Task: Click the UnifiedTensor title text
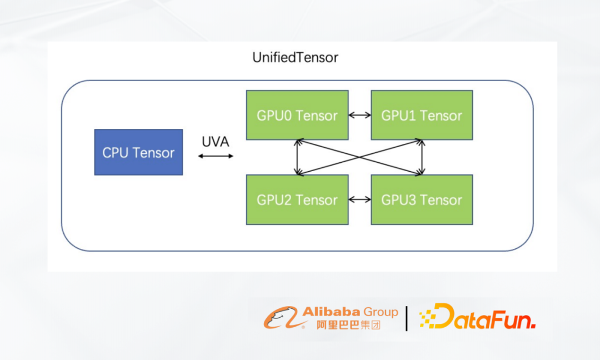(x=295, y=57)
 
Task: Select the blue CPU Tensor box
(x=138, y=152)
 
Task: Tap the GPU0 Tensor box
(x=297, y=115)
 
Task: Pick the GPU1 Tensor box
(x=422, y=115)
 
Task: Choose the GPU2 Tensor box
(x=297, y=199)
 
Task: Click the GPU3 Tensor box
(x=422, y=199)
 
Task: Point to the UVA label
(x=216, y=142)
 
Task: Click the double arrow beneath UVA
(x=216, y=156)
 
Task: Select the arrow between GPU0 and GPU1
(x=359, y=115)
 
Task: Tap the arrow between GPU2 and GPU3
(x=359, y=199)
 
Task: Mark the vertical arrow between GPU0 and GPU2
(x=297, y=157)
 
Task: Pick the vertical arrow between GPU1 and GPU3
(x=422, y=157)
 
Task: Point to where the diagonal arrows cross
(x=359, y=157)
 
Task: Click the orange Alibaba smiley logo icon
(x=281, y=318)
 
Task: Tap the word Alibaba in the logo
(x=331, y=312)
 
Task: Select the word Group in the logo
(x=381, y=312)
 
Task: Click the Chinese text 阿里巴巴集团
(x=348, y=325)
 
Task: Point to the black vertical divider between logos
(x=406, y=318)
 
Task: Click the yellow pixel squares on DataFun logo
(x=428, y=318)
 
